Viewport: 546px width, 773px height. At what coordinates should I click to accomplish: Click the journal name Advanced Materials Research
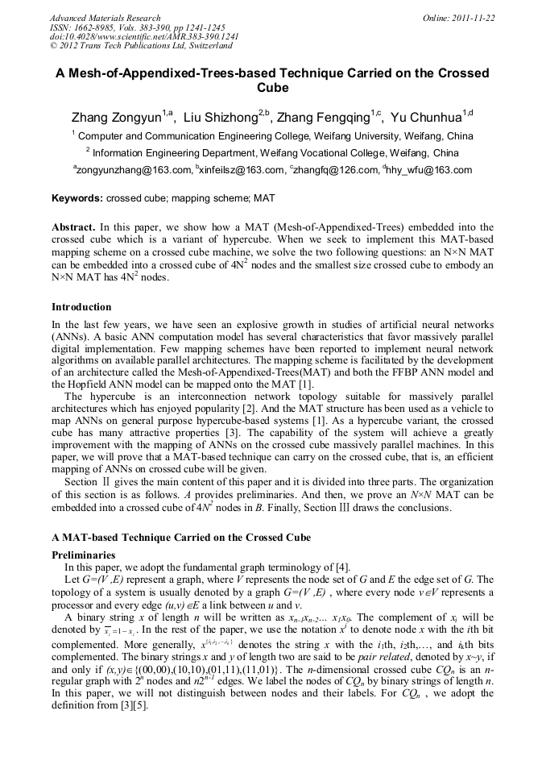click(105, 18)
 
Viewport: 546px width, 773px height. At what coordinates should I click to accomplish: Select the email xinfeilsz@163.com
click(242, 170)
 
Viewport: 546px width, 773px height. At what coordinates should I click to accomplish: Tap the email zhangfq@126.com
click(337, 170)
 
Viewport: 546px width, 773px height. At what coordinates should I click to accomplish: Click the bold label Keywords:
click(77, 197)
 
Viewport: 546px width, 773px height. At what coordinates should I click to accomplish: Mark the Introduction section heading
click(81, 307)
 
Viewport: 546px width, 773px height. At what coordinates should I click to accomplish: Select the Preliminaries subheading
click(84, 555)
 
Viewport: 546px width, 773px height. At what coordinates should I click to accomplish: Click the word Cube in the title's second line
click(272, 88)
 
